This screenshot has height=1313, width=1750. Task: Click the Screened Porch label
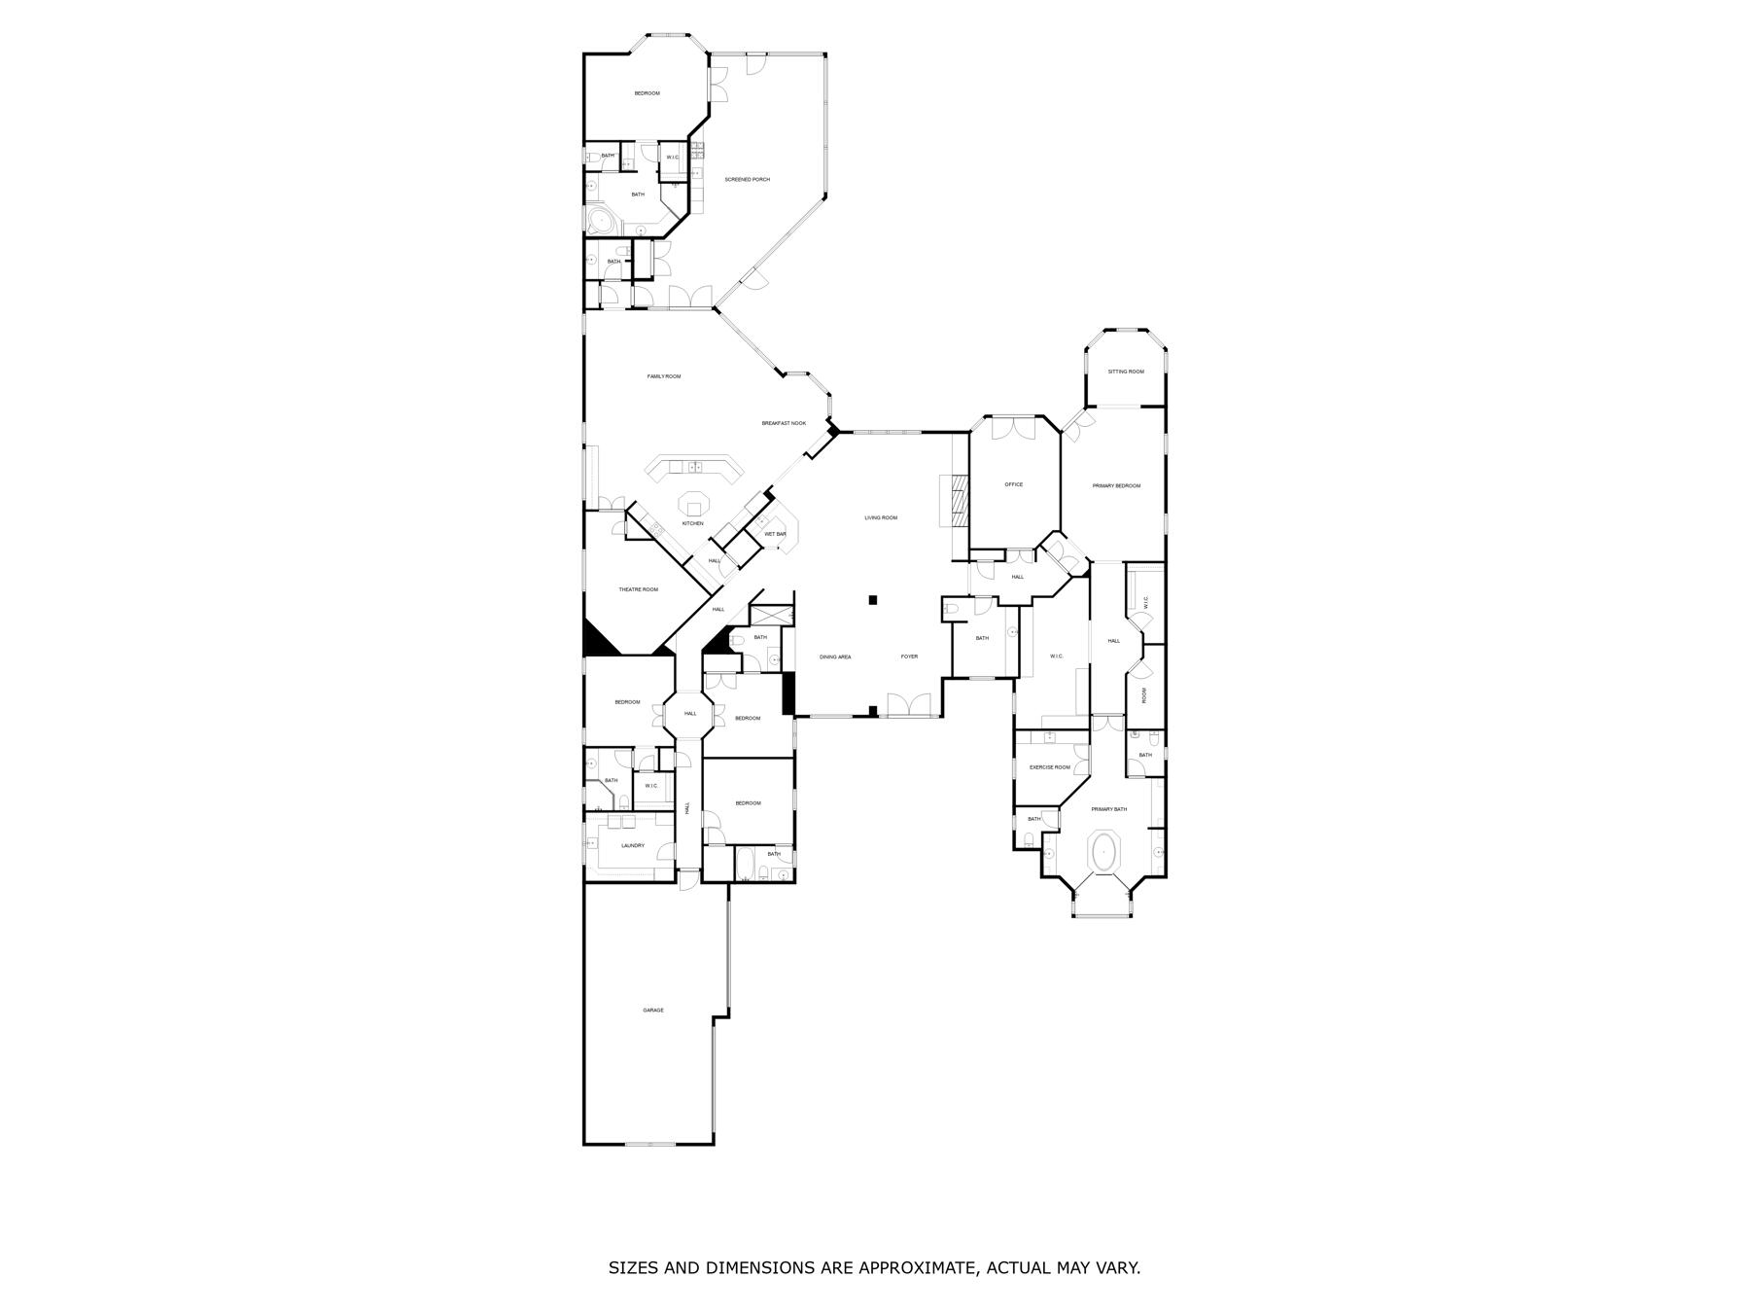[747, 179]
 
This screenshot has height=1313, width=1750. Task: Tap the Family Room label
[664, 376]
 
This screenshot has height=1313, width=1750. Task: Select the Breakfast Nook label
[784, 423]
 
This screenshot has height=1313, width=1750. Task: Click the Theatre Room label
[638, 589]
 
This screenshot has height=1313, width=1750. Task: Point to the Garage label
[653, 1011]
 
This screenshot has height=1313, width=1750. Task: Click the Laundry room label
[633, 845]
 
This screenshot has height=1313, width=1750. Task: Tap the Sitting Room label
[1126, 372]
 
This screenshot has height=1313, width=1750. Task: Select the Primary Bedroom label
[1116, 485]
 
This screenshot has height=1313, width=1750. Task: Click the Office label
[1013, 484]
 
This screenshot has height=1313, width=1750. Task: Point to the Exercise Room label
[1050, 767]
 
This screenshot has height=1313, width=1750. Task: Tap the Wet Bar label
[775, 534]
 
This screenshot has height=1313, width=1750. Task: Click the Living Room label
[881, 517]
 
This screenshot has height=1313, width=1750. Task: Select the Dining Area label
[835, 656]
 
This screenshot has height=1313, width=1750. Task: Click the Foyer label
[909, 656]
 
